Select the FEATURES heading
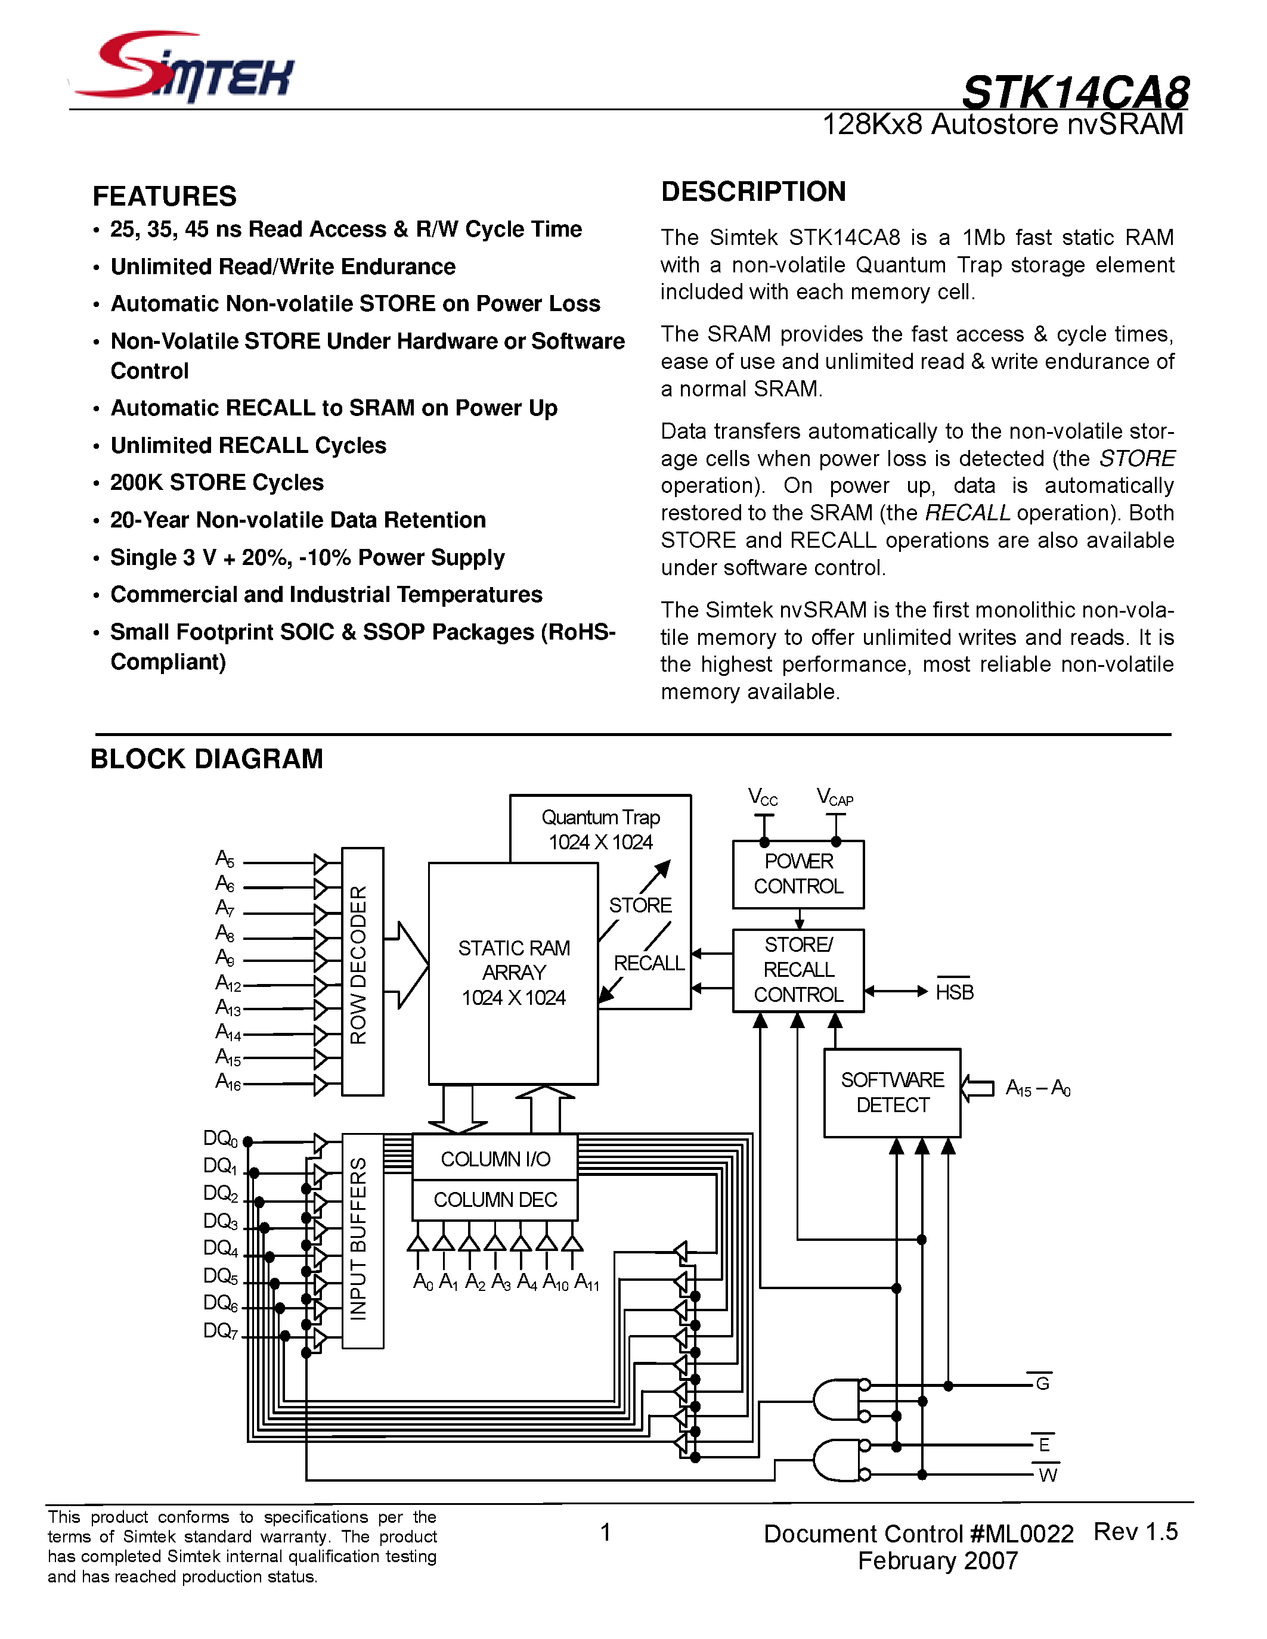click(165, 196)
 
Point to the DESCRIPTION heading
click(753, 191)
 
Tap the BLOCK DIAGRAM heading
click(206, 759)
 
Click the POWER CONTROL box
click(798, 874)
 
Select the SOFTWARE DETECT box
click(892, 1092)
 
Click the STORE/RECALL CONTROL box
click(798, 970)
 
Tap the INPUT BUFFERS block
click(363, 1240)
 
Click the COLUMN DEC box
click(495, 1200)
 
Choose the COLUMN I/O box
click(495, 1159)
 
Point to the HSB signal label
click(954, 992)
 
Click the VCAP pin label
click(835, 797)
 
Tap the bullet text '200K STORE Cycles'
click(217, 483)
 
